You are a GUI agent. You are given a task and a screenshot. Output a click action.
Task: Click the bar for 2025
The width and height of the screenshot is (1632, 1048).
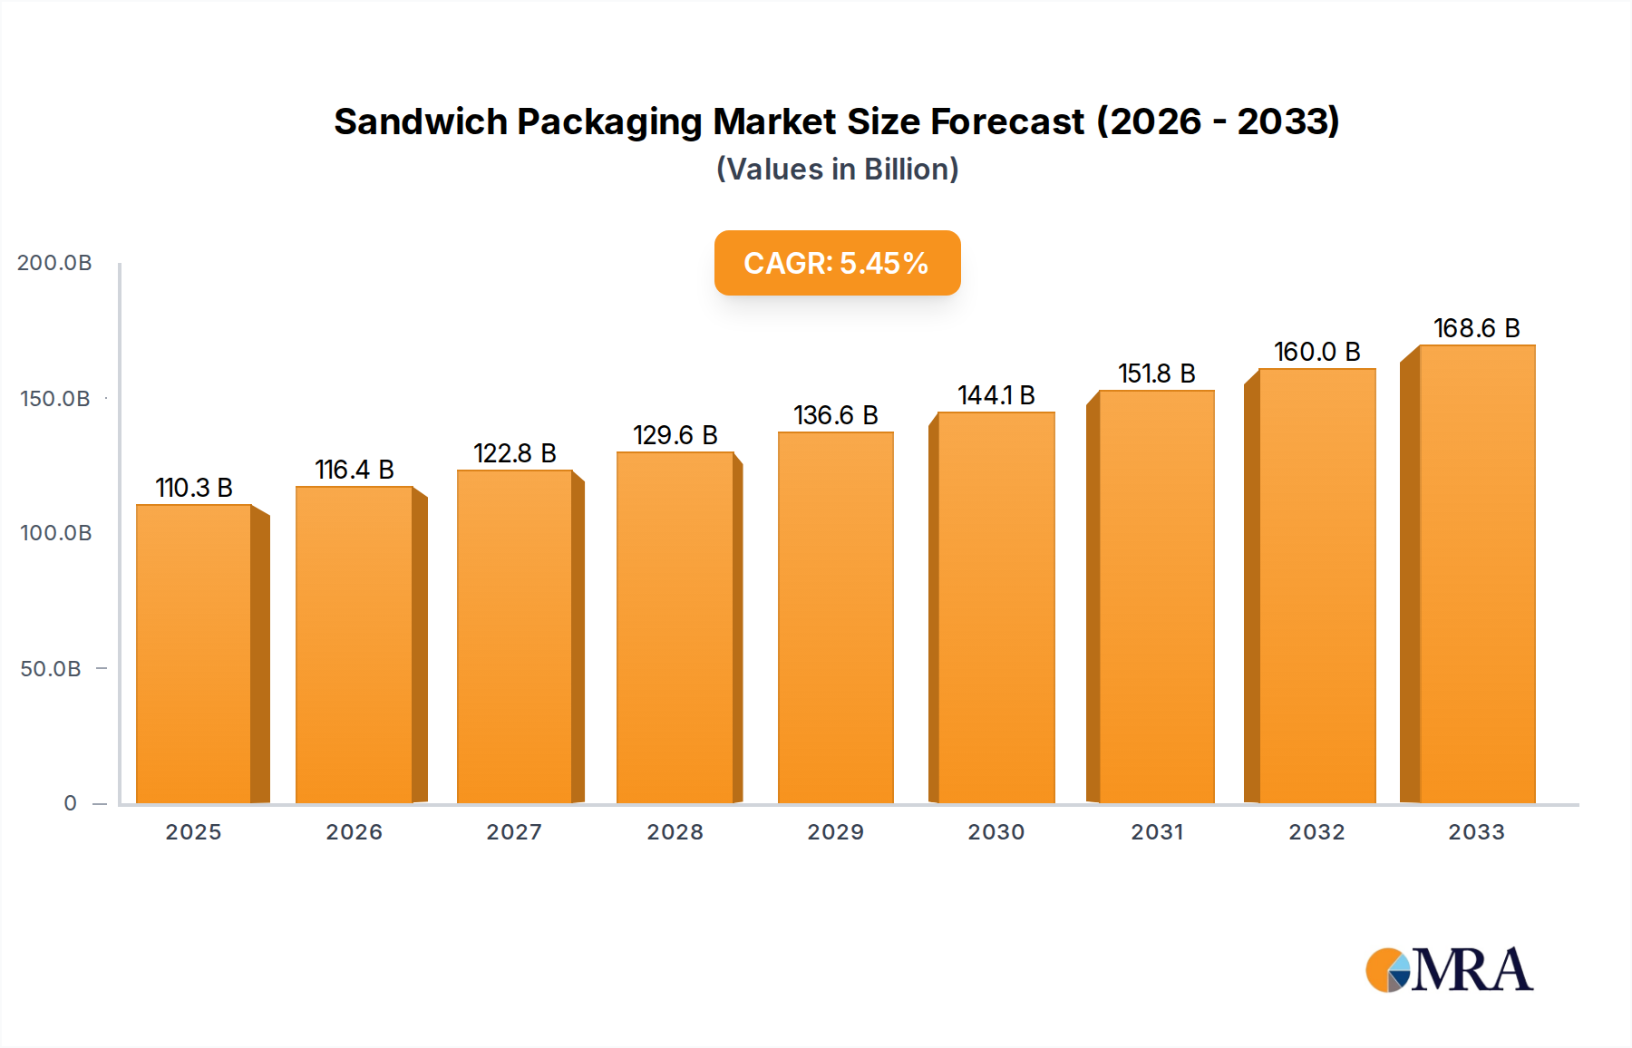[x=194, y=653]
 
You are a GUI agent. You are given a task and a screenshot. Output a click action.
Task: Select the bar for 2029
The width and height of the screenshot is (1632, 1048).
[x=835, y=616]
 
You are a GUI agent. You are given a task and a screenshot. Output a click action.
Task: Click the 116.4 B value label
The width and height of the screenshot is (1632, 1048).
[x=355, y=470]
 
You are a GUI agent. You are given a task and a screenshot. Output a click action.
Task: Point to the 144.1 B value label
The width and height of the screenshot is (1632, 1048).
[x=996, y=395]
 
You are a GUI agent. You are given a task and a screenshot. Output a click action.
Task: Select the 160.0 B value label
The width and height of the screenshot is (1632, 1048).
[x=1316, y=352]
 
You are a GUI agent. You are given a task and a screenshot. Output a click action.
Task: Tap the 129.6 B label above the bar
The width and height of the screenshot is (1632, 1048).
[x=675, y=435]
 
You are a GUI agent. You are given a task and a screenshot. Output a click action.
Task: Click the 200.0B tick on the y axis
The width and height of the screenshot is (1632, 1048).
[x=54, y=263]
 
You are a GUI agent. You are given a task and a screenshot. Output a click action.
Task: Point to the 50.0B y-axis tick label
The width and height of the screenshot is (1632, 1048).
[x=51, y=669]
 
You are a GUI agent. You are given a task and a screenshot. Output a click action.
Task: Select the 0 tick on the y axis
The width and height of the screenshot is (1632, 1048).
[x=70, y=803]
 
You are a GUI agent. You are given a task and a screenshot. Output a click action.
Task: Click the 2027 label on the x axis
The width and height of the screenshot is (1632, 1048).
[x=514, y=832]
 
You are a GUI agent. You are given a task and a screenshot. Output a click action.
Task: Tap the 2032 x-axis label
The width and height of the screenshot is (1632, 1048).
[x=1316, y=832]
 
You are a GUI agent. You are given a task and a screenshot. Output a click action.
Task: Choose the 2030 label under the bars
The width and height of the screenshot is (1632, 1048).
[x=996, y=832]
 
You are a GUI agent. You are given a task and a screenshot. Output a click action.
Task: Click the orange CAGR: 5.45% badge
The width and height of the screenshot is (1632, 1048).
[x=837, y=263]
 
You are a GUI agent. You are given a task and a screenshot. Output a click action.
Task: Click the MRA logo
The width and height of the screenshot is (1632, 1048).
[x=1449, y=970]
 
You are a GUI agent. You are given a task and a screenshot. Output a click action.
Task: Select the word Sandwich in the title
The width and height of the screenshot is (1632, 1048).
[x=420, y=121]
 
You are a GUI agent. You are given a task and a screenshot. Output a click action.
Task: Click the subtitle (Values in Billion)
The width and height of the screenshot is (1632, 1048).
[x=837, y=170]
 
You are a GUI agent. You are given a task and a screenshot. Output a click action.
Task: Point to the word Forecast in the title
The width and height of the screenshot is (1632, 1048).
[x=1006, y=121]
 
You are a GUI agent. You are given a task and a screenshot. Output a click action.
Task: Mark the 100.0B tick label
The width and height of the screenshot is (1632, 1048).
[x=55, y=533]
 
